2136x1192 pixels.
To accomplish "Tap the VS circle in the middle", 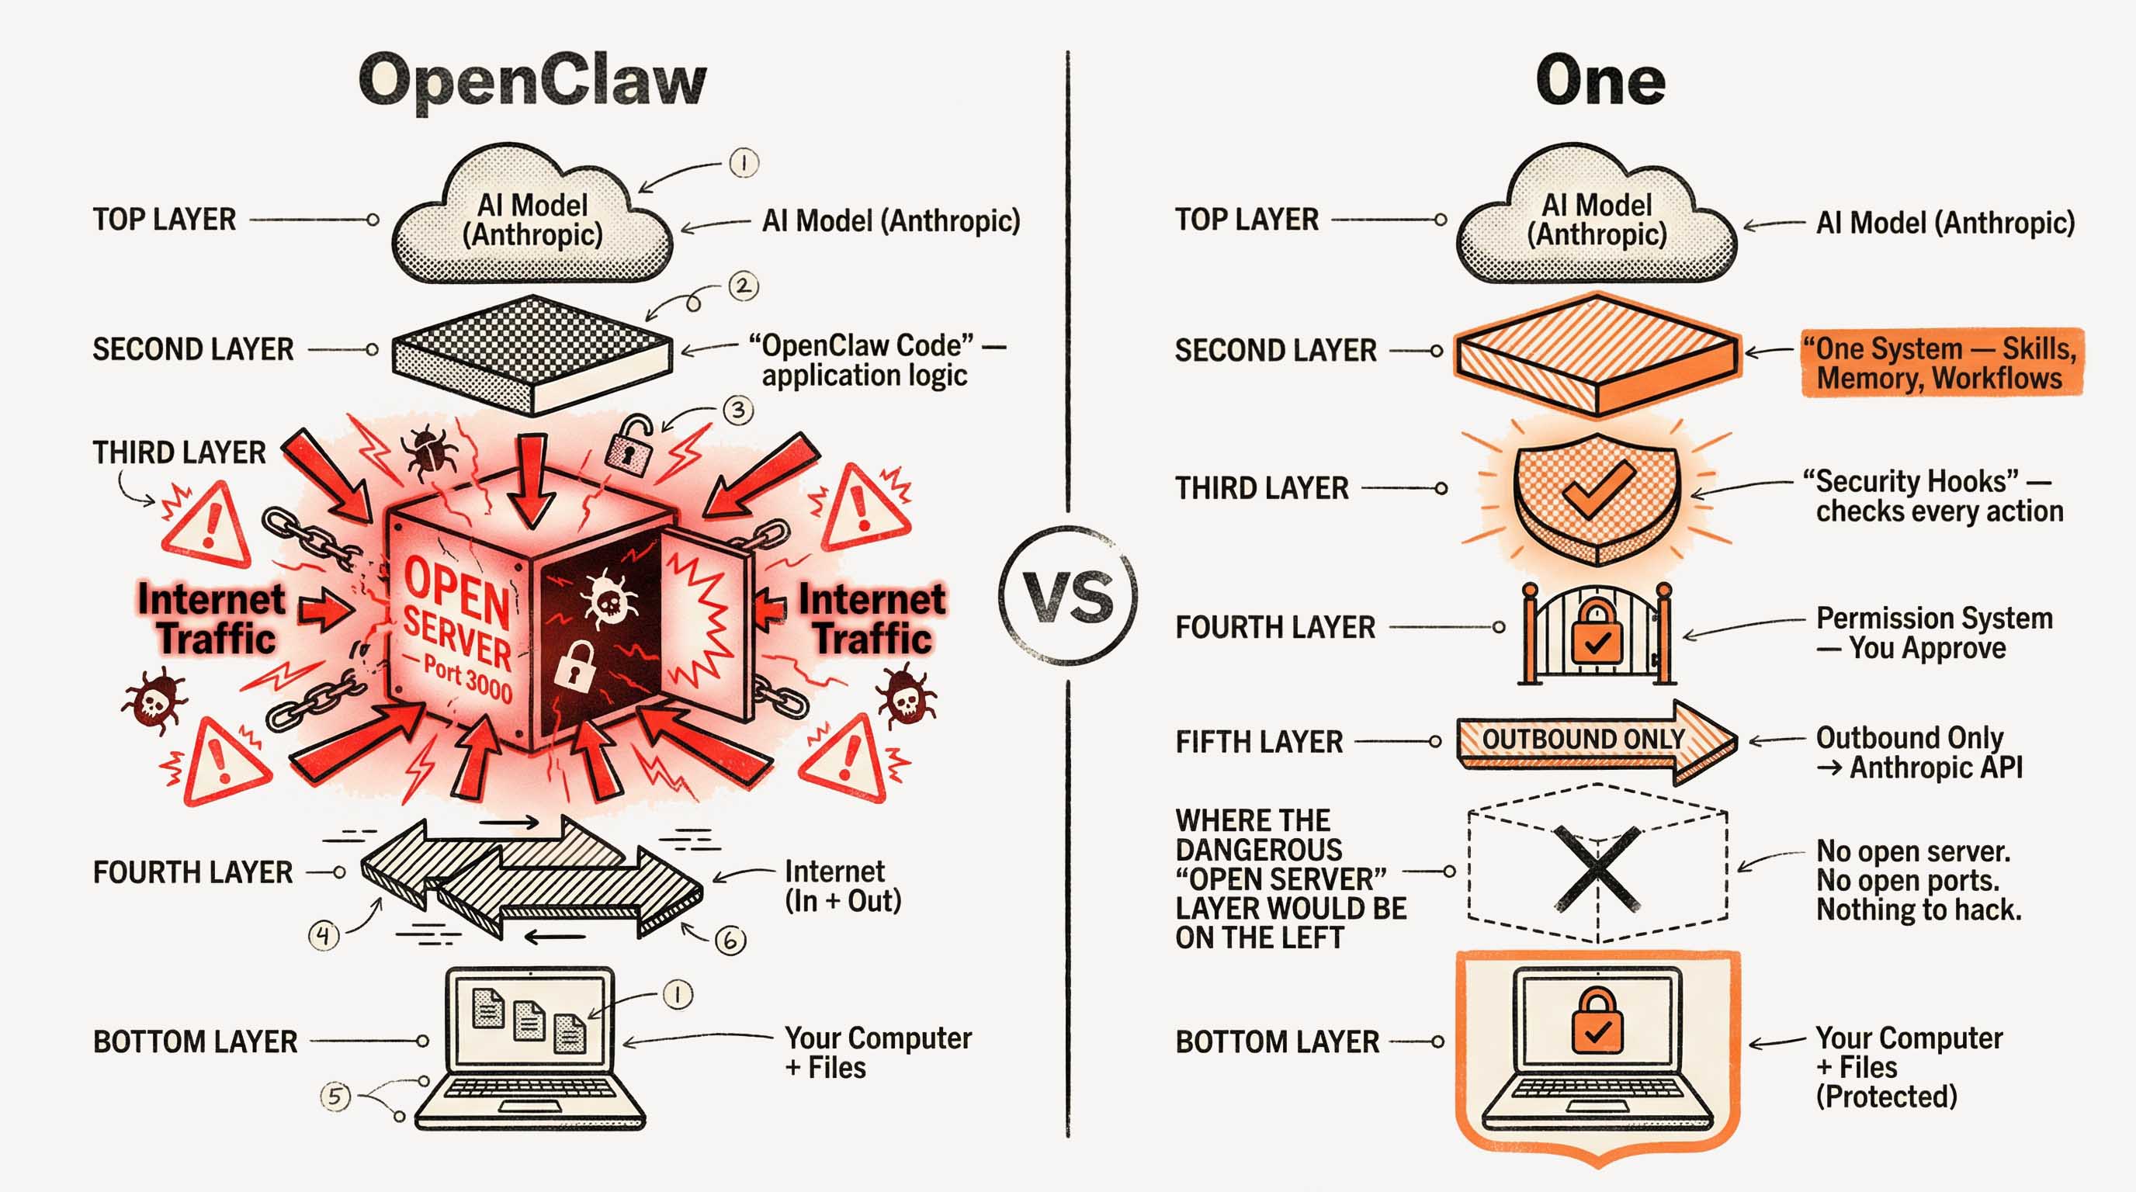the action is (x=1068, y=595).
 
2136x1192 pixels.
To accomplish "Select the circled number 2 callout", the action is (x=743, y=287).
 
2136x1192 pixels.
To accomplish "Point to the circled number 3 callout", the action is (x=737, y=410).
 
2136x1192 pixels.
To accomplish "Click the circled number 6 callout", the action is (x=730, y=940).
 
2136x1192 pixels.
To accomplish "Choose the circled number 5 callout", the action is (x=335, y=1097).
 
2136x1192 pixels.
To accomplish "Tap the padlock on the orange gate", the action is (x=1597, y=634).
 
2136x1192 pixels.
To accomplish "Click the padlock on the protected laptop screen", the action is (x=1597, y=1021).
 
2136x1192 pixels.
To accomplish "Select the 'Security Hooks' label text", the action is (x=1932, y=497).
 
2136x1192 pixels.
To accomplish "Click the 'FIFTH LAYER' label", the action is (x=1259, y=742).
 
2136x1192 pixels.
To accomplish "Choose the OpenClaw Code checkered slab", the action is (x=532, y=355).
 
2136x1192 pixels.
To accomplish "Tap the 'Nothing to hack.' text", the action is (x=1919, y=910).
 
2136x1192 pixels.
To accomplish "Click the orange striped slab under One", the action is (x=1597, y=355).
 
